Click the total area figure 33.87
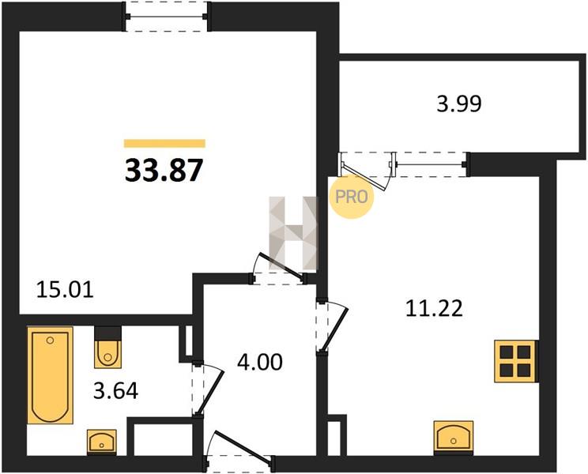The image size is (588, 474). point(164,171)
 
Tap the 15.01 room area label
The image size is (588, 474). point(65,290)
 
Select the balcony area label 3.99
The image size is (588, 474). point(459,103)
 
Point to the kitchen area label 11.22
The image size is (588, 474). point(434,309)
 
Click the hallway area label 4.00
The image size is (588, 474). point(260,363)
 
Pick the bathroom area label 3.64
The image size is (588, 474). point(115,391)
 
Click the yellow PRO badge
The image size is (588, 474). point(352,197)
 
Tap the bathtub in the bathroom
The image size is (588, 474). point(50,375)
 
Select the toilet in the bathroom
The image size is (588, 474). point(108,348)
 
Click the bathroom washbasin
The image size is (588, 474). point(102,442)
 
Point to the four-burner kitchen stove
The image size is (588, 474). point(517,361)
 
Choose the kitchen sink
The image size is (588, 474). point(454,437)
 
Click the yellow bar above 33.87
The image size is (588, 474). point(164,144)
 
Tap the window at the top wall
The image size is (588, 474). point(167,17)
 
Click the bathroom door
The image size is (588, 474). point(207,389)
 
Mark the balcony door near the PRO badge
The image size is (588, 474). point(366,170)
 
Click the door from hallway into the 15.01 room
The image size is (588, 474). point(279,270)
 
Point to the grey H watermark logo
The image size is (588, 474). point(293,233)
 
